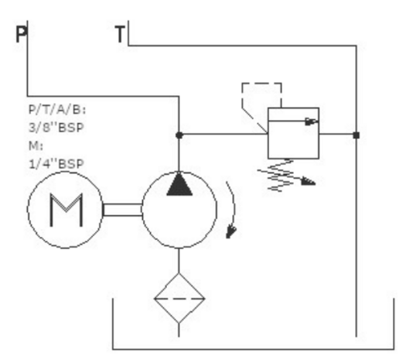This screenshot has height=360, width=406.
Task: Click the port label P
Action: (21, 34)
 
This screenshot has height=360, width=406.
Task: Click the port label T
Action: (120, 34)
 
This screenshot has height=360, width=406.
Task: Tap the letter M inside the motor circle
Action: (67, 210)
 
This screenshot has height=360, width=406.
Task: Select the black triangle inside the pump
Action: (179, 184)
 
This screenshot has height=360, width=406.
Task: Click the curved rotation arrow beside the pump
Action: (234, 207)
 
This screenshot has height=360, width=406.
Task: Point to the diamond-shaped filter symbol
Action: (179, 298)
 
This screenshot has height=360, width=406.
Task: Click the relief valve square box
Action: (293, 133)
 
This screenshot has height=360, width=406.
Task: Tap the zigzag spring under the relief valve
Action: (281, 176)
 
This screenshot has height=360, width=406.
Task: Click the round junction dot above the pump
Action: (179, 135)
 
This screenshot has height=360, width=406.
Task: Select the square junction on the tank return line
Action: (357, 135)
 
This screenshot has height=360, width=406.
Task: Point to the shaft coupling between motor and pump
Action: (122, 210)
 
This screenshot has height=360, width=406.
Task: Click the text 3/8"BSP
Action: (56, 128)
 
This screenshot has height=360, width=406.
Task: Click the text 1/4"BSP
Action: (56, 164)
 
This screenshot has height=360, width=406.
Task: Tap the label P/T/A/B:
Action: (57, 110)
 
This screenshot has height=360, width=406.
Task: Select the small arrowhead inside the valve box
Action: (311, 121)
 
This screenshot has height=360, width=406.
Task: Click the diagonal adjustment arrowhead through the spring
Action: (308, 181)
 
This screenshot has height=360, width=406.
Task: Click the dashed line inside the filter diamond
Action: (179, 299)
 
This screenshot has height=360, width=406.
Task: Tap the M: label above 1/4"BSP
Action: (36, 146)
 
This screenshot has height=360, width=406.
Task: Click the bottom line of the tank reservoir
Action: (253, 349)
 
